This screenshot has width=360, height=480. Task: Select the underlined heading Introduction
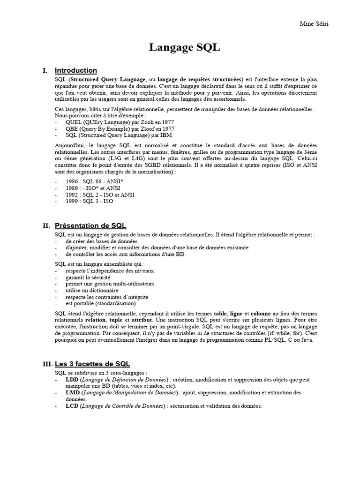click(x=76, y=70)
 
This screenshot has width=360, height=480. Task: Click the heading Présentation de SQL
click(x=90, y=225)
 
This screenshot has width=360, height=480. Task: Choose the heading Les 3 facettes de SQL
click(x=92, y=364)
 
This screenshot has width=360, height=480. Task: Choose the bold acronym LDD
click(x=72, y=379)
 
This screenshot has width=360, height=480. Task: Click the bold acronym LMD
click(x=72, y=392)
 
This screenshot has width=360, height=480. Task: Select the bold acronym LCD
click(x=72, y=406)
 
